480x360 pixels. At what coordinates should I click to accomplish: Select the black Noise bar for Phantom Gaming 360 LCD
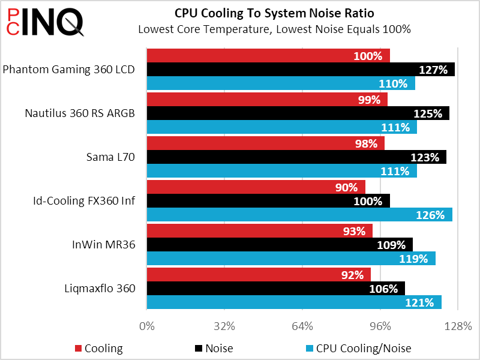(x=300, y=70)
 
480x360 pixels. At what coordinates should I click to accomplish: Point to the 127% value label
(x=433, y=70)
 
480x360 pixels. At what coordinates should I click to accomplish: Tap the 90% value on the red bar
(x=346, y=187)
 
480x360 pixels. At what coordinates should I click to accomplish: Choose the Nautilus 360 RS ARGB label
(x=80, y=113)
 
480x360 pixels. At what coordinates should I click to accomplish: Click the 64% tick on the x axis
(x=302, y=326)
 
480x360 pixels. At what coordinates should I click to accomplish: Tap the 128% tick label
(x=458, y=326)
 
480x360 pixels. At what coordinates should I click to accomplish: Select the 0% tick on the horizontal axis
(x=147, y=326)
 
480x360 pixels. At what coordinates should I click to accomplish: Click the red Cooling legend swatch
(x=78, y=349)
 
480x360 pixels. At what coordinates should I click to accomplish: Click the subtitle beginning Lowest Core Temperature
(x=274, y=29)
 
